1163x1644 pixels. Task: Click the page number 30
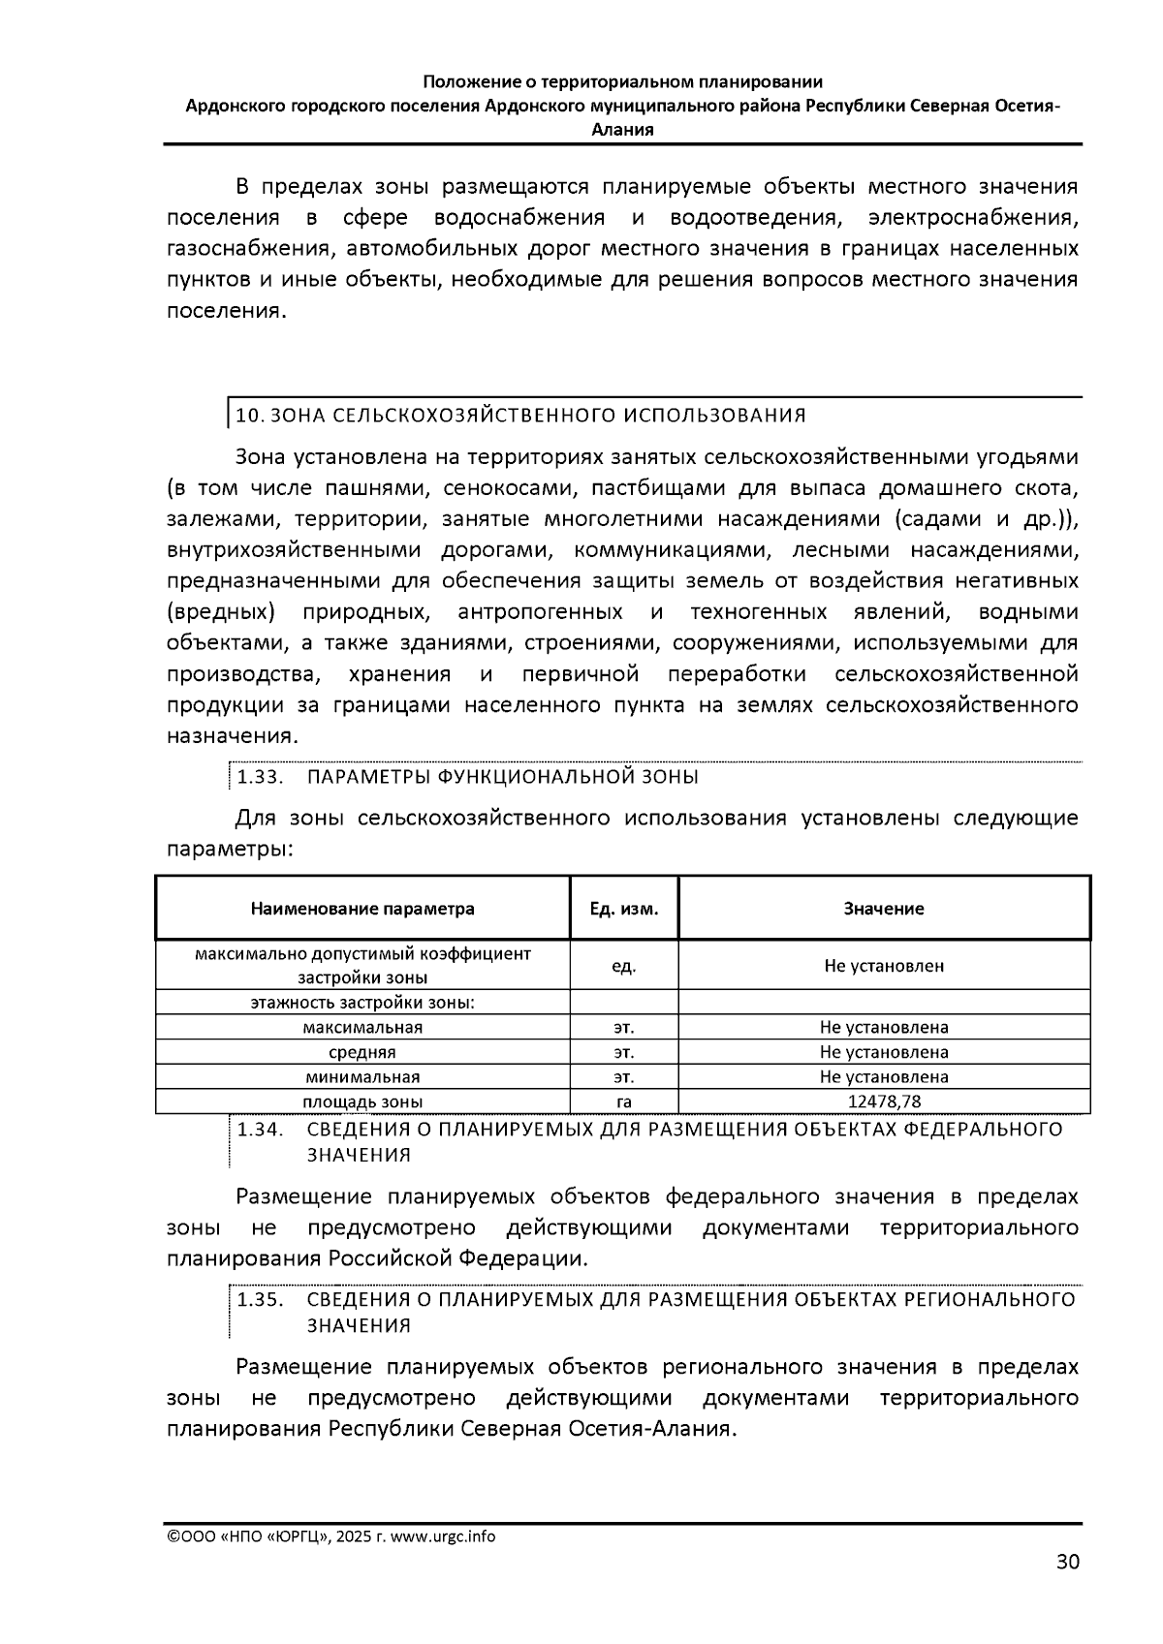(1067, 1561)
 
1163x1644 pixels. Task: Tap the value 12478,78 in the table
(884, 1101)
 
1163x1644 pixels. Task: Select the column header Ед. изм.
(624, 909)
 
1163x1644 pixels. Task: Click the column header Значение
(884, 909)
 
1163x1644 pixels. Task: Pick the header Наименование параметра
(362, 909)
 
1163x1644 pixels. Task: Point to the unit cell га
(624, 1101)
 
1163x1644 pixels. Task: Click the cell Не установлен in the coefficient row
(884, 966)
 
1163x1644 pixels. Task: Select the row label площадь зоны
(362, 1101)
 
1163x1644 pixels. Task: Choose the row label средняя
(362, 1052)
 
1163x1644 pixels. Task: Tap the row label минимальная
(362, 1077)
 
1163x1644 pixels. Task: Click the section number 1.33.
(260, 777)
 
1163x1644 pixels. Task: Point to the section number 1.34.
(260, 1130)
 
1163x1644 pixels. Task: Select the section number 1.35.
(260, 1300)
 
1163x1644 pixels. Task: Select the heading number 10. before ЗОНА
(249, 416)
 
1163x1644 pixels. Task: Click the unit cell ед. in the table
(624, 966)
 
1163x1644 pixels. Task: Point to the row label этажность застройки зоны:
(362, 1003)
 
